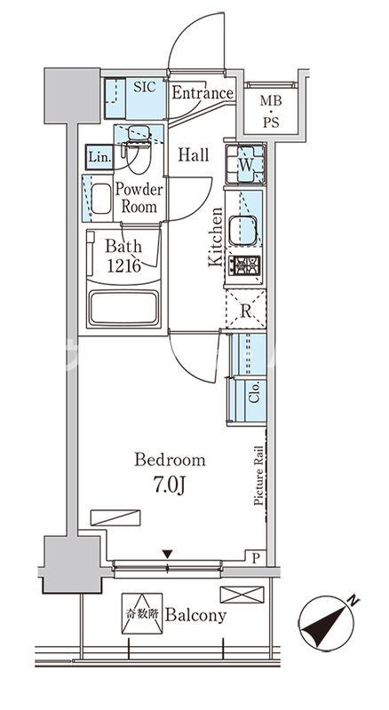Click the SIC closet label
[x=144, y=88]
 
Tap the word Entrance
[x=202, y=93]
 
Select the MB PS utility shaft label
[x=270, y=114]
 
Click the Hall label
[x=194, y=155]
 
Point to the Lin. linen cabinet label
[x=98, y=158]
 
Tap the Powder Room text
[x=137, y=198]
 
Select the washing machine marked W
[x=243, y=164]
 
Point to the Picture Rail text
[x=259, y=476]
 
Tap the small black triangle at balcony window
[x=167, y=556]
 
